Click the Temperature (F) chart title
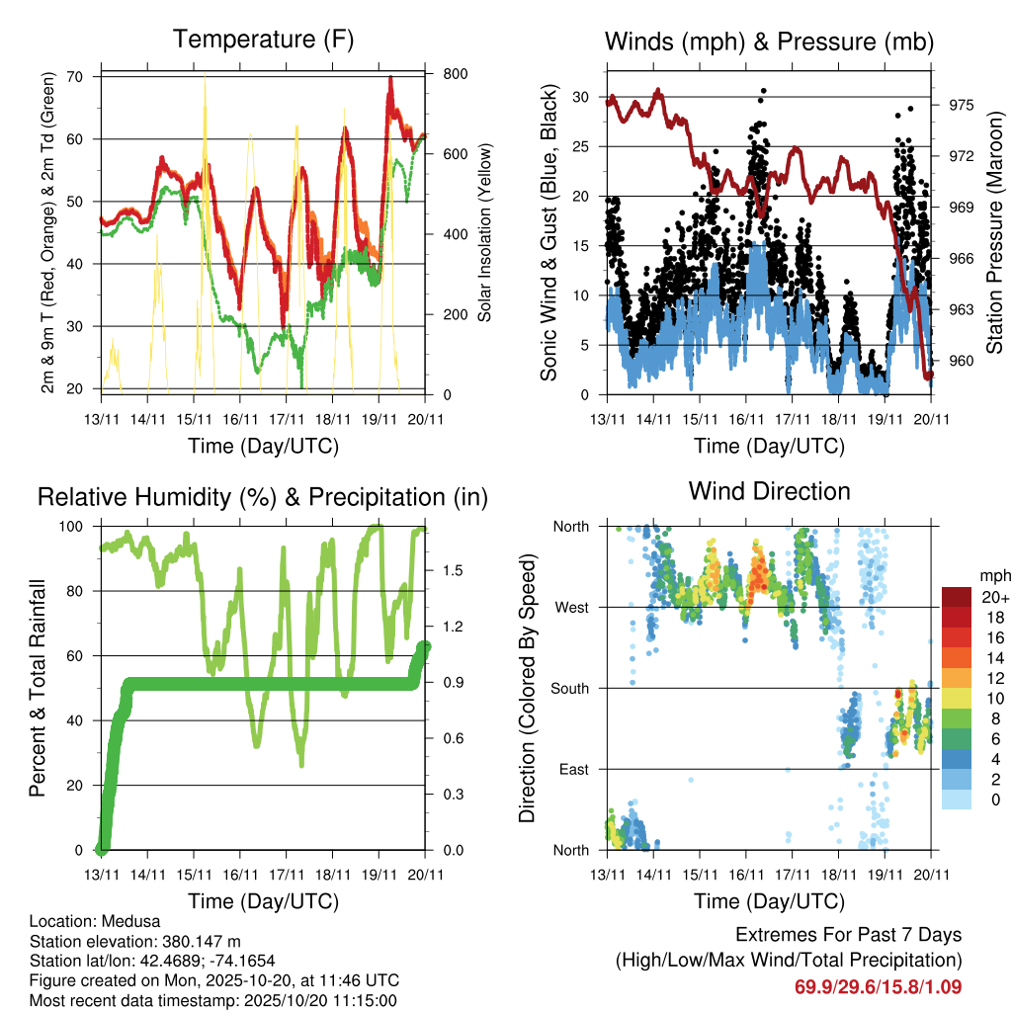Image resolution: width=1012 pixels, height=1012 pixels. pos(263,40)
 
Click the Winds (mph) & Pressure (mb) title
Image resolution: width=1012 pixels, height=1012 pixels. pos(769,42)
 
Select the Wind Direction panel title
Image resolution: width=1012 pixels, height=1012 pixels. pos(769,491)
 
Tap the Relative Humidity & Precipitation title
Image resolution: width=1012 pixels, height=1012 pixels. pos(263,497)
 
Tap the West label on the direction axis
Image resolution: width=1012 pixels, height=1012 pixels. pos(571,607)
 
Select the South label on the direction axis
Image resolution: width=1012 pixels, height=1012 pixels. pos(569,688)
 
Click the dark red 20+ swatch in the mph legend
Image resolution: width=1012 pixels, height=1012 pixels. pos(956,597)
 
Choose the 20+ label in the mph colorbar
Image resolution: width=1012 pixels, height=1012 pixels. pos(993,597)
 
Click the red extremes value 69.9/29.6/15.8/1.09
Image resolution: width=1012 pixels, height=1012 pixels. pos(878,986)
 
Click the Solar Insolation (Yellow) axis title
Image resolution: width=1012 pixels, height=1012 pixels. pos(484,233)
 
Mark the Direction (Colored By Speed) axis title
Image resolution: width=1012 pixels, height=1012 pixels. pos(527,688)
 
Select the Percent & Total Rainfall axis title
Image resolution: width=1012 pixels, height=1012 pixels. pos(37,689)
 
